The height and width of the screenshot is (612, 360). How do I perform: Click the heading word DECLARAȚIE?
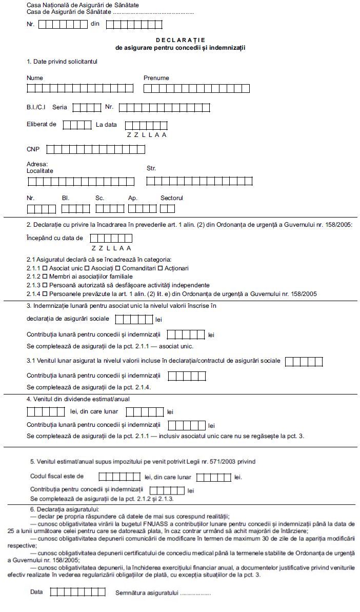pyautogui.click(x=181, y=40)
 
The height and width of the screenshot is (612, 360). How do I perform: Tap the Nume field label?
pyautogui.click(x=35, y=78)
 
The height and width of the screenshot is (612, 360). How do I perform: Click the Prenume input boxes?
pyautogui.click(x=196, y=88)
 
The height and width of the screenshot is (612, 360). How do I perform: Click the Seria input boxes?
pyautogui.click(x=87, y=107)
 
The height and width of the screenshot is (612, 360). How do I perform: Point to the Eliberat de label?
pyautogui.click(x=42, y=124)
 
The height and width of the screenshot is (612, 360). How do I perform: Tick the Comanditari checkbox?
pyautogui.click(x=117, y=268)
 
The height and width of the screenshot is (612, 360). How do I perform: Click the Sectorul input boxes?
pyautogui.click(x=167, y=209)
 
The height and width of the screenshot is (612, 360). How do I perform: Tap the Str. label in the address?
pyautogui.click(x=151, y=168)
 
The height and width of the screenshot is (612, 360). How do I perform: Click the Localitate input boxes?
pyautogui.click(x=81, y=181)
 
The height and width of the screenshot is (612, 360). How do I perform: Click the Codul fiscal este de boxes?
pyautogui.click(x=119, y=477)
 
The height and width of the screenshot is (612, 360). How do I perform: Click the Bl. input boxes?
pyautogui.click(x=75, y=209)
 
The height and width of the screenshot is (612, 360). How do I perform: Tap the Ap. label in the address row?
pyautogui.click(x=133, y=198)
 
